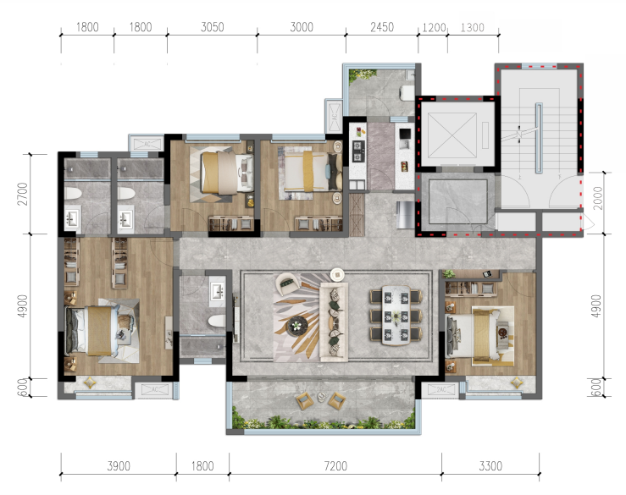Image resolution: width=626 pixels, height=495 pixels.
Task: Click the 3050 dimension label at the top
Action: coord(212,27)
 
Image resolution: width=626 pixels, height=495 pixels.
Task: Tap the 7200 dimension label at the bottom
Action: coord(335,465)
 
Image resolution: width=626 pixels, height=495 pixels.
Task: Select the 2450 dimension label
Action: coord(382,27)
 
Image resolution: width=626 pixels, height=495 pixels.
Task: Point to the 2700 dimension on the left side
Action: coord(23,194)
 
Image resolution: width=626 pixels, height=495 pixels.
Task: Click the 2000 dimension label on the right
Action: coord(598,198)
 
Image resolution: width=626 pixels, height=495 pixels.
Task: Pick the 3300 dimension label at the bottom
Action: coord(490,465)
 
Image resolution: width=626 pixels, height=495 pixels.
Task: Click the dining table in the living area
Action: coord(396,315)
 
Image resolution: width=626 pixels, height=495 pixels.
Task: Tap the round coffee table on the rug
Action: coord(296,326)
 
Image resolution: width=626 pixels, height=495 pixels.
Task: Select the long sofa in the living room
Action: coord(334,322)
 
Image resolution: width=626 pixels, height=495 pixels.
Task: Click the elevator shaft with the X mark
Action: coord(452,135)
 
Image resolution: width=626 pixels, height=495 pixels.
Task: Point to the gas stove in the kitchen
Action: coord(358,151)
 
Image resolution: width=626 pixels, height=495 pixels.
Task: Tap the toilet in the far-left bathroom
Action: coord(73,194)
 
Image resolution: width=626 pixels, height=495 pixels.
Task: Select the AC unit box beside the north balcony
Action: coord(334,117)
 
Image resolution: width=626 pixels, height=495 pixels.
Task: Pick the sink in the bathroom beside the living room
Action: coord(218,291)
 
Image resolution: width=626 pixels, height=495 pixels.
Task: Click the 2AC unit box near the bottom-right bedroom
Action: coord(440,389)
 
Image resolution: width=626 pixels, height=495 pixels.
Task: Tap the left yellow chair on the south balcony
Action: coord(304,401)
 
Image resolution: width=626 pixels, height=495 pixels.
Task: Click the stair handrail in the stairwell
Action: coord(539,138)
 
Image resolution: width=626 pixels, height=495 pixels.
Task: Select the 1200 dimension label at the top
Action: coord(434,28)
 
